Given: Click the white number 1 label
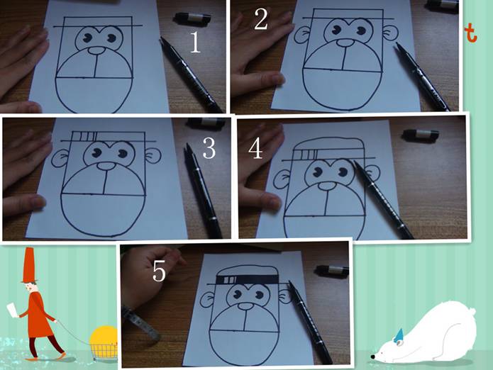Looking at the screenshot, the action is click(x=195, y=43).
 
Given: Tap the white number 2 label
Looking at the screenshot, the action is click(x=261, y=19).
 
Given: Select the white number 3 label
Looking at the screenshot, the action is click(x=209, y=148).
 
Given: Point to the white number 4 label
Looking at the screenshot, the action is click(x=255, y=149).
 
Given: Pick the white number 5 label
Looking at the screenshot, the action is click(x=159, y=271).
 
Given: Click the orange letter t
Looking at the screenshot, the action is click(x=471, y=34).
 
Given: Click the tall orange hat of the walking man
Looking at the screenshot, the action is click(x=28, y=265).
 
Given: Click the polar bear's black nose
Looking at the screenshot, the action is click(x=372, y=357).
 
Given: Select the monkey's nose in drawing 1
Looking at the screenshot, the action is click(x=96, y=50).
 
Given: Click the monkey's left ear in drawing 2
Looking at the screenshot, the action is click(x=301, y=35).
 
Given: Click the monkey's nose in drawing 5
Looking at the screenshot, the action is click(x=246, y=306).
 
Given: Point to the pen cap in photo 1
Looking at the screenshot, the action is click(x=192, y=18).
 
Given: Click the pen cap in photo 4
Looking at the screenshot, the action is click(x=421, y=135).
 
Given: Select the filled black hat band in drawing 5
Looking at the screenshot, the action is click(x=247, y=279).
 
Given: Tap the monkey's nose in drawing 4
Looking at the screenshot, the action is click(x=328, y=186).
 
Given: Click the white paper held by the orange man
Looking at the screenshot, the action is click(x=12, y=309).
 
